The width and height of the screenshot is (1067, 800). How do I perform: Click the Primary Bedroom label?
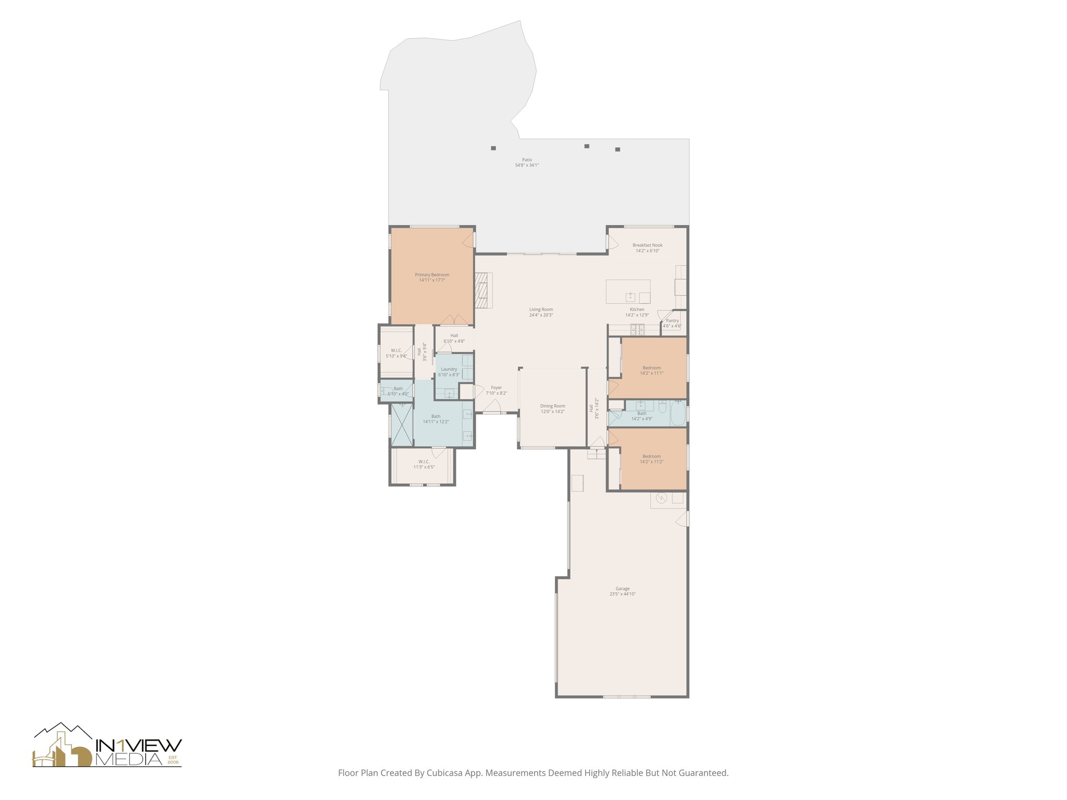point(432,275)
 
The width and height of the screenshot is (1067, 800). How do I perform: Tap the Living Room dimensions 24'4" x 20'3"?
point(541,315)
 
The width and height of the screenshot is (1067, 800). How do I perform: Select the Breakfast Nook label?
point(647,245)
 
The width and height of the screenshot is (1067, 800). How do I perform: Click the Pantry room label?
point(672,321)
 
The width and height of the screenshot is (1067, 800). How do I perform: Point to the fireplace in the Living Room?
point(483,291)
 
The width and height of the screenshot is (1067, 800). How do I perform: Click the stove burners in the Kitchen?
point(637,329)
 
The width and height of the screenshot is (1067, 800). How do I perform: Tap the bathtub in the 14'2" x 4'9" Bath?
point(678,414)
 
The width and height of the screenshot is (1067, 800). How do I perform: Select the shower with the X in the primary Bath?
point(401,424)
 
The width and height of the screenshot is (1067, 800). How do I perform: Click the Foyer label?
point(496,387)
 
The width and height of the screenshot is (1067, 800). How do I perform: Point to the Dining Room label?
point(552,406)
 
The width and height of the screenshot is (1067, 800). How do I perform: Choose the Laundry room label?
point(449,369)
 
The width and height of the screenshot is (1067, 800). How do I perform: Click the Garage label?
point(623,589)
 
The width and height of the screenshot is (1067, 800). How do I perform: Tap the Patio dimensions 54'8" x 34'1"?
point(527,165)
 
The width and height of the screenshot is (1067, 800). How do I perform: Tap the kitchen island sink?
point(630,297)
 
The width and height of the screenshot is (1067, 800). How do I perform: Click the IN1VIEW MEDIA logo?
point(107,746)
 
